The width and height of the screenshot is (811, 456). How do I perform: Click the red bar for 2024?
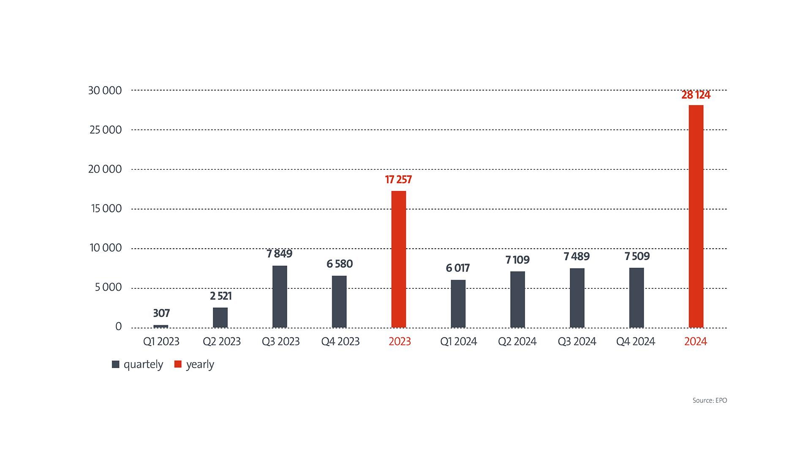696,216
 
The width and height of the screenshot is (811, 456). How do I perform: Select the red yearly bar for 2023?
398,259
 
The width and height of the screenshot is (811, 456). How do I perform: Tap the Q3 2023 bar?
280,296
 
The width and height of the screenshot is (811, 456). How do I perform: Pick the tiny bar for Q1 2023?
161,326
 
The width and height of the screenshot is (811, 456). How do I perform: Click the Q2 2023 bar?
220,318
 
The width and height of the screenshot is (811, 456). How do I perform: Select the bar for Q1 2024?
458,304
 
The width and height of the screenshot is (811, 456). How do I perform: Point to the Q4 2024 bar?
636,298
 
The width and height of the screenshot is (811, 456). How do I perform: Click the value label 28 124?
696,95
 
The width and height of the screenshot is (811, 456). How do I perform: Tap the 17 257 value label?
398,180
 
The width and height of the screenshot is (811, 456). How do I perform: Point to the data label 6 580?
339,264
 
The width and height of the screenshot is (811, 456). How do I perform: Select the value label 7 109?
517,260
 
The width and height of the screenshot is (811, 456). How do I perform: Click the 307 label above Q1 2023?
161,313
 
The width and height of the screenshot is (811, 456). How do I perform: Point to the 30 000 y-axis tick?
105,90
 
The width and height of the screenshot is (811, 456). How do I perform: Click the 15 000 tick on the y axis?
106,209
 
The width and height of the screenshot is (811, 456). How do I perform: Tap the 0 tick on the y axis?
118,326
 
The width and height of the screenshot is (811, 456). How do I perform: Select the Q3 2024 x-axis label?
577,342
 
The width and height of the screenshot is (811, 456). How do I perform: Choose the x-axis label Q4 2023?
340,342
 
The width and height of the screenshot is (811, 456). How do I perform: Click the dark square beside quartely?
115,364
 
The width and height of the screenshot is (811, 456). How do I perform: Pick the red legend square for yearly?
178,364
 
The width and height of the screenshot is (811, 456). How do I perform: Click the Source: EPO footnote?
710,400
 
